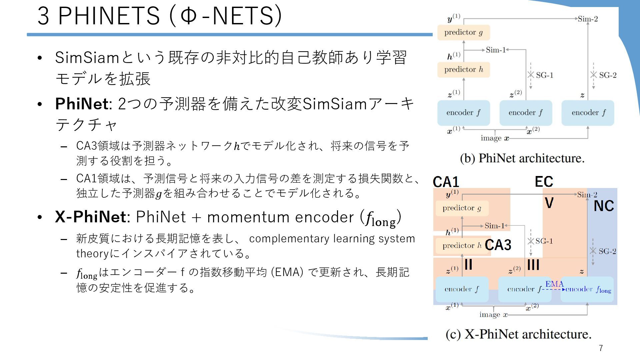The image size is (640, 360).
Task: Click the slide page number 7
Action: pyautogui.click(x=601, y=348)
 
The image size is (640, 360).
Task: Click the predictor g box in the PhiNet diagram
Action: pyautogui.click(x=463, y=33)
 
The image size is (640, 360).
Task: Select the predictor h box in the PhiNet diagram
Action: pyautogui.click(x=463, y=70)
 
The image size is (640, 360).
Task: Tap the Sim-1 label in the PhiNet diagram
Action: pyautogui.click(x=496, y=50)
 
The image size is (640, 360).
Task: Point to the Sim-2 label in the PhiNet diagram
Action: pyautogui.click(x=588, y=19)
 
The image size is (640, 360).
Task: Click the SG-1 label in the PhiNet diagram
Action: pyautogui.click(x=544, y=75)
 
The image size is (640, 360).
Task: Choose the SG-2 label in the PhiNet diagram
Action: pyautogui.click(x=608, y=75)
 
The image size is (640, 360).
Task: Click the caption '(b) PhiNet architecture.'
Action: pyautogui.click(x=522, y=158)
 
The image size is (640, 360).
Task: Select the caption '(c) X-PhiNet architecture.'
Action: pyautogui.click(x=518, y=334)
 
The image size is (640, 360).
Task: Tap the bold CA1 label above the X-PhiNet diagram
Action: pyautogui.click(x=446, y=182)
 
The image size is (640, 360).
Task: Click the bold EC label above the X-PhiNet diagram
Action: pyautogui.click(x=544, y=182)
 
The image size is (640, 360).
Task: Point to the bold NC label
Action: pyautogui.click(x=604, y=206)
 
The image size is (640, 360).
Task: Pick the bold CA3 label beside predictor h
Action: pyautogui.click(x=498, y=245)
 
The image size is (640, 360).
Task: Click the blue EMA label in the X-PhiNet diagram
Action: pyautogui.click(x=554, y=284)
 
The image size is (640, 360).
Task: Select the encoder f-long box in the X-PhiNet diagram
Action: pyautogui.click(x=587, y=289)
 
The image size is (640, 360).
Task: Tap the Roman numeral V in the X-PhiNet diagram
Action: pyautogui.click(x=549, y=203)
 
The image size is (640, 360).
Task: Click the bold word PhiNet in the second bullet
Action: pyautogui.click(x=82, y=104)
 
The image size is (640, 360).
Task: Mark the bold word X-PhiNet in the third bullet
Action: pyautogui.click(x=90, y=217)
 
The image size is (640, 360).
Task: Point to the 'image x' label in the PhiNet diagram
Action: pyautogui.click(x=495, y=138)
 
